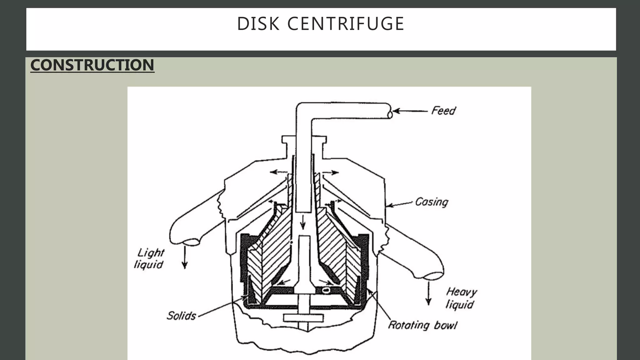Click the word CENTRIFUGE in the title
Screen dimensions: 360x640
tap(346, 24)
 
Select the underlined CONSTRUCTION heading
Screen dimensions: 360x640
tap(92, 65)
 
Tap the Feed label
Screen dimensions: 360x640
tap(443, 111)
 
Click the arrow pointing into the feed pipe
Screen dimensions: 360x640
tap(410, 111)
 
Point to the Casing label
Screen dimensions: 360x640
tap(432, 202)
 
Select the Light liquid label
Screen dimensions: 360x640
tap(150, 258)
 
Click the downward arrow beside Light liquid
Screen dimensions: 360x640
tap(185, 257)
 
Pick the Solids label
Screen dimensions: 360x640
tap(181, 316)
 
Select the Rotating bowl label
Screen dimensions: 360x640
tap(422, 325)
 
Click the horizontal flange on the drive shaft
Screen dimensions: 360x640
tap(303, 318)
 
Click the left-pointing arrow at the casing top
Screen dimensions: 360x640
tap(278, 172)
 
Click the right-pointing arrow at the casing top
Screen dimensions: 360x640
tap(331, 172)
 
